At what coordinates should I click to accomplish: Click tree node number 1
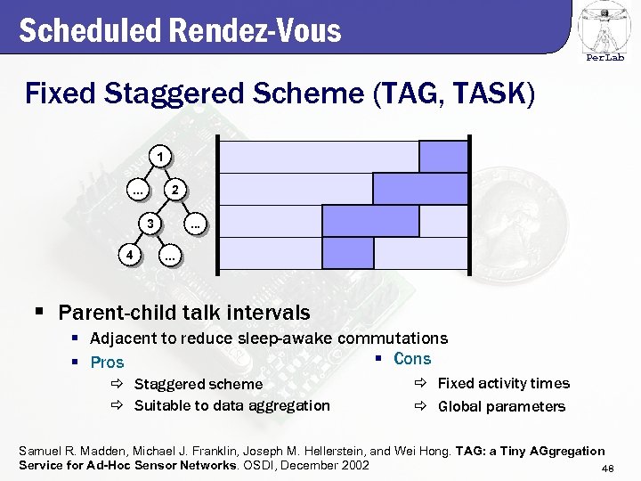click(158, 158)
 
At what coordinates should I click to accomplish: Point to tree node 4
click(131, 255)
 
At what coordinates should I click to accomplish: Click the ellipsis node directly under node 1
click(137, 190)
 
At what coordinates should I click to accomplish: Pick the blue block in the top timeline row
click(442, 157)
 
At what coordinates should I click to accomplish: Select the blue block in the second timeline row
click(419, 189)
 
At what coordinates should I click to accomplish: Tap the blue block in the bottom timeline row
click(336, 253)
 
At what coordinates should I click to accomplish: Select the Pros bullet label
click(108, 363)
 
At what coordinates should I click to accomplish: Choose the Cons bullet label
click(411, 359)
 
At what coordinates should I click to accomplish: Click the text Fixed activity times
click(503, 384)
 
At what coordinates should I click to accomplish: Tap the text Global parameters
click(500, 407)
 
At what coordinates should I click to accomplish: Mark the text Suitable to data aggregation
click(231, 406)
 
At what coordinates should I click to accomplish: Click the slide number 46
click(608, 469)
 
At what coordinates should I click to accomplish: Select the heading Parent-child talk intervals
click(183, 313)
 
